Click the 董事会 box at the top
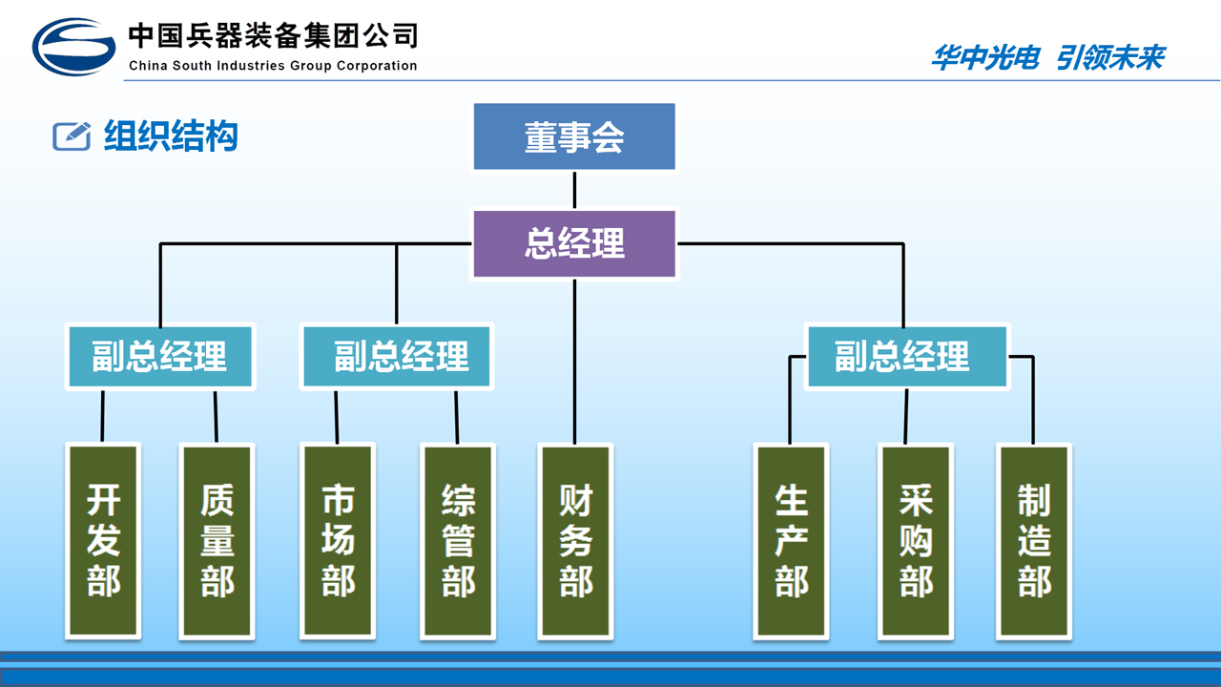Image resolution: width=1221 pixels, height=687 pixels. point(574,136)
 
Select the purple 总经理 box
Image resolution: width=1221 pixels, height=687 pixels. point(574,244)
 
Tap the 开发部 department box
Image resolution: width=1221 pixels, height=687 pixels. point(103,540)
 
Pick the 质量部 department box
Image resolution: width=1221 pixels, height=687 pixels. point(217,540)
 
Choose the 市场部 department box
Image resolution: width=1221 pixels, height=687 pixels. point(338,540)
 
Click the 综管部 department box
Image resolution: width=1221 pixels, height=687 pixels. point(458,540)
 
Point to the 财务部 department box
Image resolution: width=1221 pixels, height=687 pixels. point(575,540)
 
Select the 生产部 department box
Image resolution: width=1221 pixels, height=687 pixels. point(791,540)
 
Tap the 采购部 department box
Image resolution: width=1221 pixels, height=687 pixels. point(916,540)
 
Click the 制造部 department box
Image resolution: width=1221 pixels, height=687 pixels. point(1034,540)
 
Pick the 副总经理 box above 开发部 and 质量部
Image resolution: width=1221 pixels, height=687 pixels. point(160,356)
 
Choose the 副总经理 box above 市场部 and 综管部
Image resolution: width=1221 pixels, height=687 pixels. point(398,356)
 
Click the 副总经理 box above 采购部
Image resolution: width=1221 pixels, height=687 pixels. point(906,356)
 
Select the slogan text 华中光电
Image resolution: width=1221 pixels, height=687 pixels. point(983,57)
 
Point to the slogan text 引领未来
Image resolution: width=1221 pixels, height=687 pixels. point(1110,57)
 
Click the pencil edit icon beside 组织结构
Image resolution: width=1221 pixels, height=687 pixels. point(71,136)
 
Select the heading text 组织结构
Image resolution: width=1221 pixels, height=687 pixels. point(171,136)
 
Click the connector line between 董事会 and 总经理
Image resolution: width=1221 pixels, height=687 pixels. point(574,190)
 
